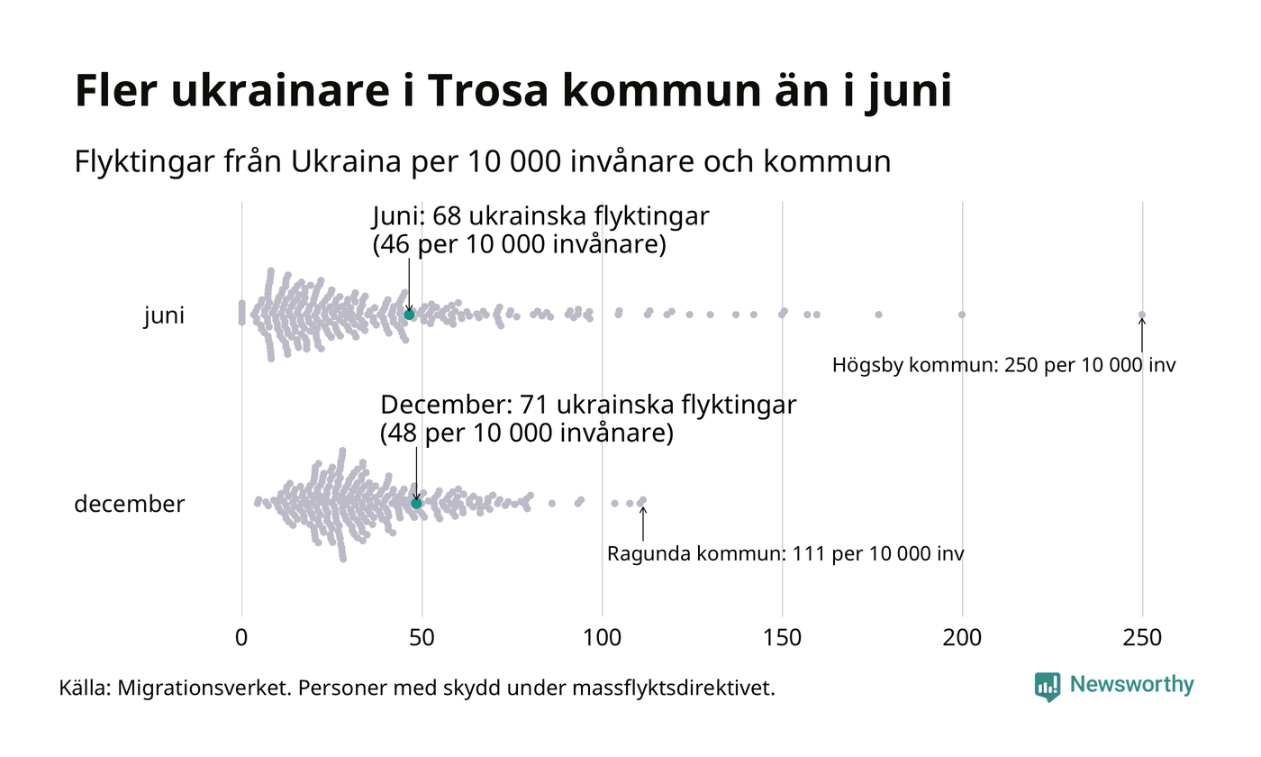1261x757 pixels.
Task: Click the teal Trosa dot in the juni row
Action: click(409, 315)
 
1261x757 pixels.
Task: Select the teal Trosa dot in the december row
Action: click(416, 503)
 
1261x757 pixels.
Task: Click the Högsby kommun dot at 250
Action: click(1142, 315)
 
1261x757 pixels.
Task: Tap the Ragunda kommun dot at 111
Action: click(642, 500)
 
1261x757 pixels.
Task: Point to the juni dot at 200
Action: click(962, 315)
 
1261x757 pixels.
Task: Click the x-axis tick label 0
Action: click(241, 638)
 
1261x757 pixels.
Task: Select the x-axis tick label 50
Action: click(422, 638)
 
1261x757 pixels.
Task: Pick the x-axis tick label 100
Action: click(602, 638)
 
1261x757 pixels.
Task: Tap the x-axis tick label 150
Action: click(782, 638)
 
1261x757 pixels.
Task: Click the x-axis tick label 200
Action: click(962, 638)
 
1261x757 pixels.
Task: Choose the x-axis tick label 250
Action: click(1142, 638)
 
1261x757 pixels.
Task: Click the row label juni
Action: click(164, 316)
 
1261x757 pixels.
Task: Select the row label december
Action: click(129, 504)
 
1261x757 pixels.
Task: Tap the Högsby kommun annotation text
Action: click(1003, 366)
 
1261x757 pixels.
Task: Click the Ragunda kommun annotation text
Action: click(785, 553)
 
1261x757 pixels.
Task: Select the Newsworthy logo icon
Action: click(1048, 687)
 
